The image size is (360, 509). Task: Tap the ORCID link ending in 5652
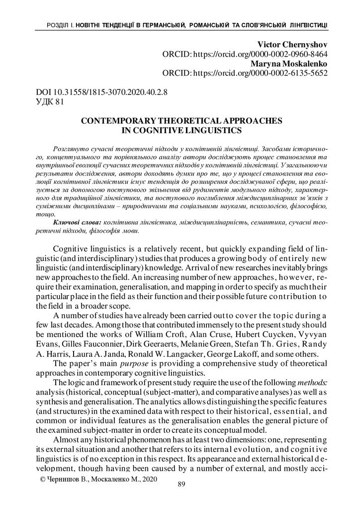260,73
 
